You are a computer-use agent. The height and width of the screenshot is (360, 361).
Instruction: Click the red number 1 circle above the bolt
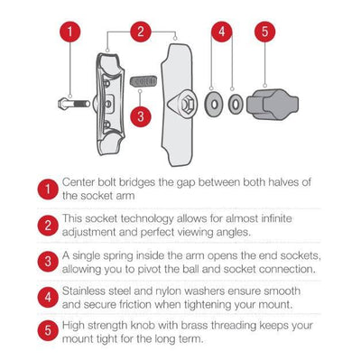69,32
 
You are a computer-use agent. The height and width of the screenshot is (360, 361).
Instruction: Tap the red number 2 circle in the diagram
141,32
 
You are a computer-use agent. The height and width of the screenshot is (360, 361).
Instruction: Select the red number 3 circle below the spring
141,116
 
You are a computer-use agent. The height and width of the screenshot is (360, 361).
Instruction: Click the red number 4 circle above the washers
222,32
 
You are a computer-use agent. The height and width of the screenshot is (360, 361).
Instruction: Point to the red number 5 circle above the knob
264,32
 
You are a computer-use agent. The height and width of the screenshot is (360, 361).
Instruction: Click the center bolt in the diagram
74,104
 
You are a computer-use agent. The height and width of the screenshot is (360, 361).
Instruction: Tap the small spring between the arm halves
143,81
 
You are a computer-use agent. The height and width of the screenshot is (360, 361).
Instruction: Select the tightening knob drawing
273,105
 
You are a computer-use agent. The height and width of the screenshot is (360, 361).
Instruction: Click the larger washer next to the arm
214,105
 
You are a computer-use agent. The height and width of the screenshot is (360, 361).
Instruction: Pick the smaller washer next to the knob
236,105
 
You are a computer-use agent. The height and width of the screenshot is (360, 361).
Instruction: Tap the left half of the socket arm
109,104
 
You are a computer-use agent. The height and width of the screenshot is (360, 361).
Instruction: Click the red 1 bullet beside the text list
48,189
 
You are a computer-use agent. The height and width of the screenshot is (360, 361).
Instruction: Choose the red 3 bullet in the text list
48,262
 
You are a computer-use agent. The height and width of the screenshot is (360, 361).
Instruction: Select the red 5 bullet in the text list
48,330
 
